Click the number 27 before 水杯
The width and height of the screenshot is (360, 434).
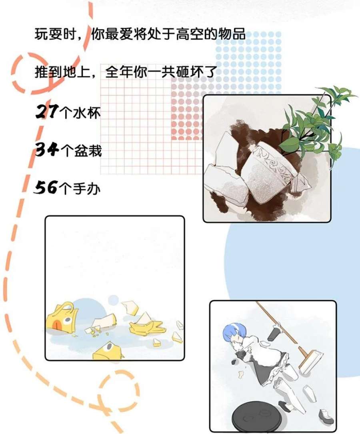46,112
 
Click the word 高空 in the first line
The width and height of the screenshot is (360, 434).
190,35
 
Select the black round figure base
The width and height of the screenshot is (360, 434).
256,416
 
